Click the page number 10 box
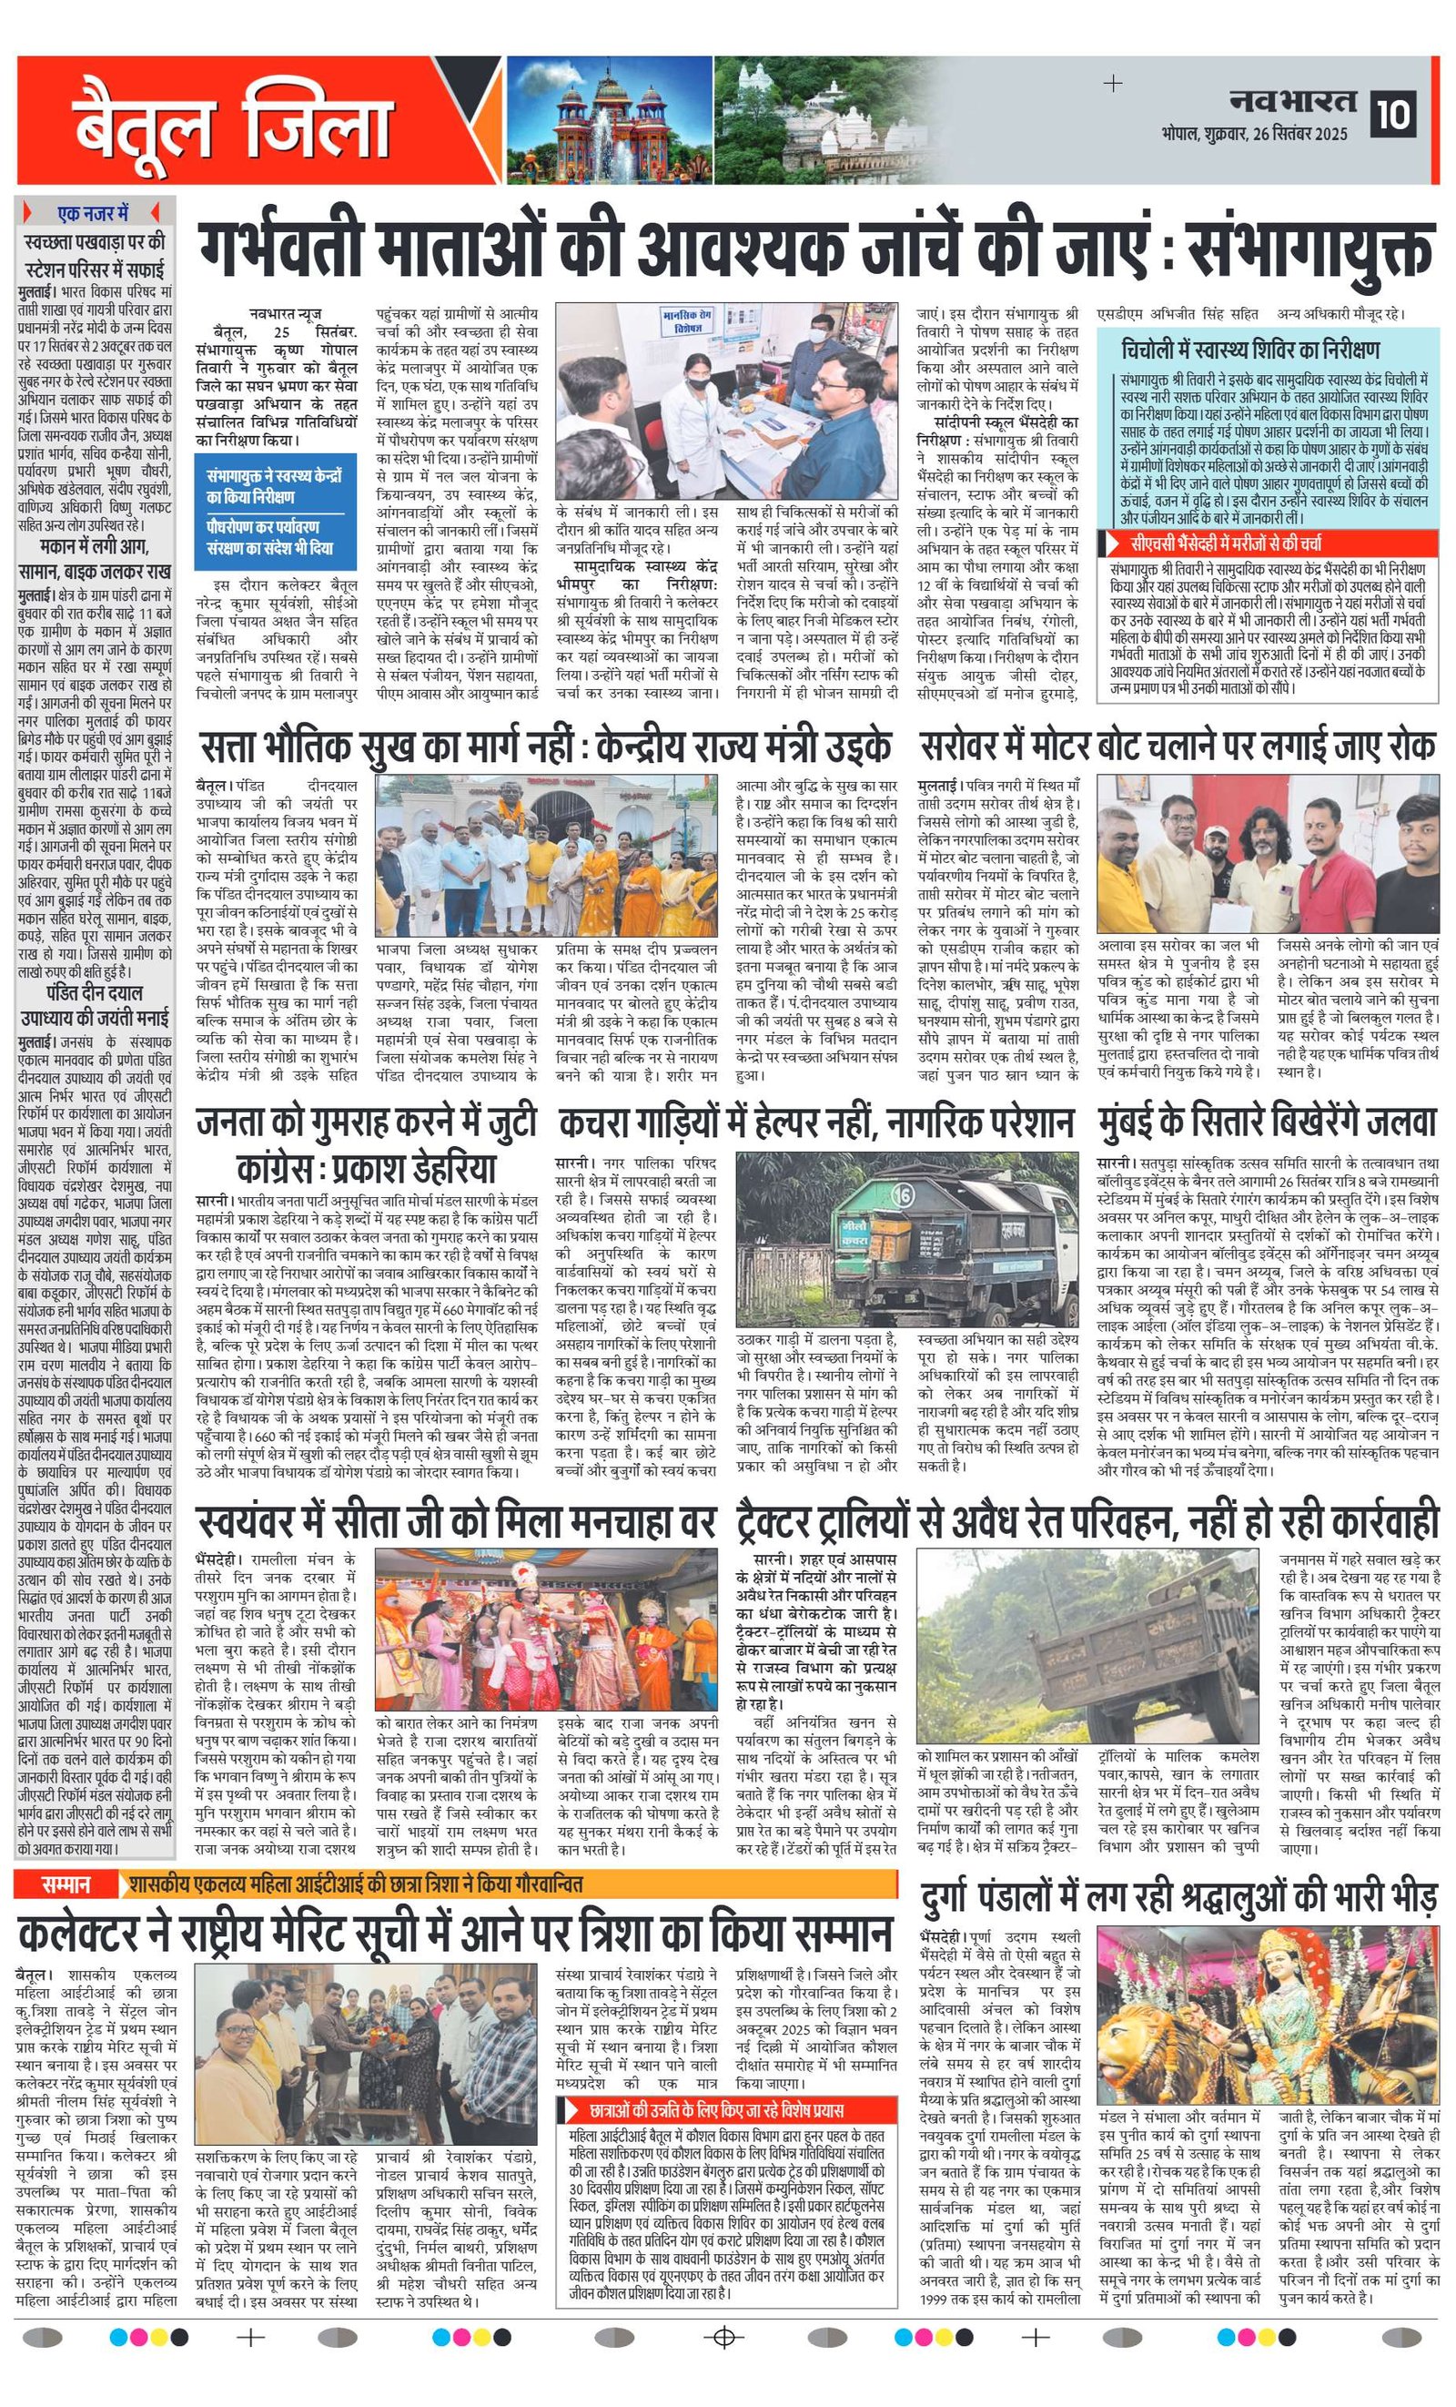1393,116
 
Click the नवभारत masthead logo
1291,101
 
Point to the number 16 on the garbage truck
903,1194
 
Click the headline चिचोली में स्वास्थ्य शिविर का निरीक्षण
1251,350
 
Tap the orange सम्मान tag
66,1884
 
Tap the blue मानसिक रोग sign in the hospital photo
687,320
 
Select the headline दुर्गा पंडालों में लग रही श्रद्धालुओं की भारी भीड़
1179,1898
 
